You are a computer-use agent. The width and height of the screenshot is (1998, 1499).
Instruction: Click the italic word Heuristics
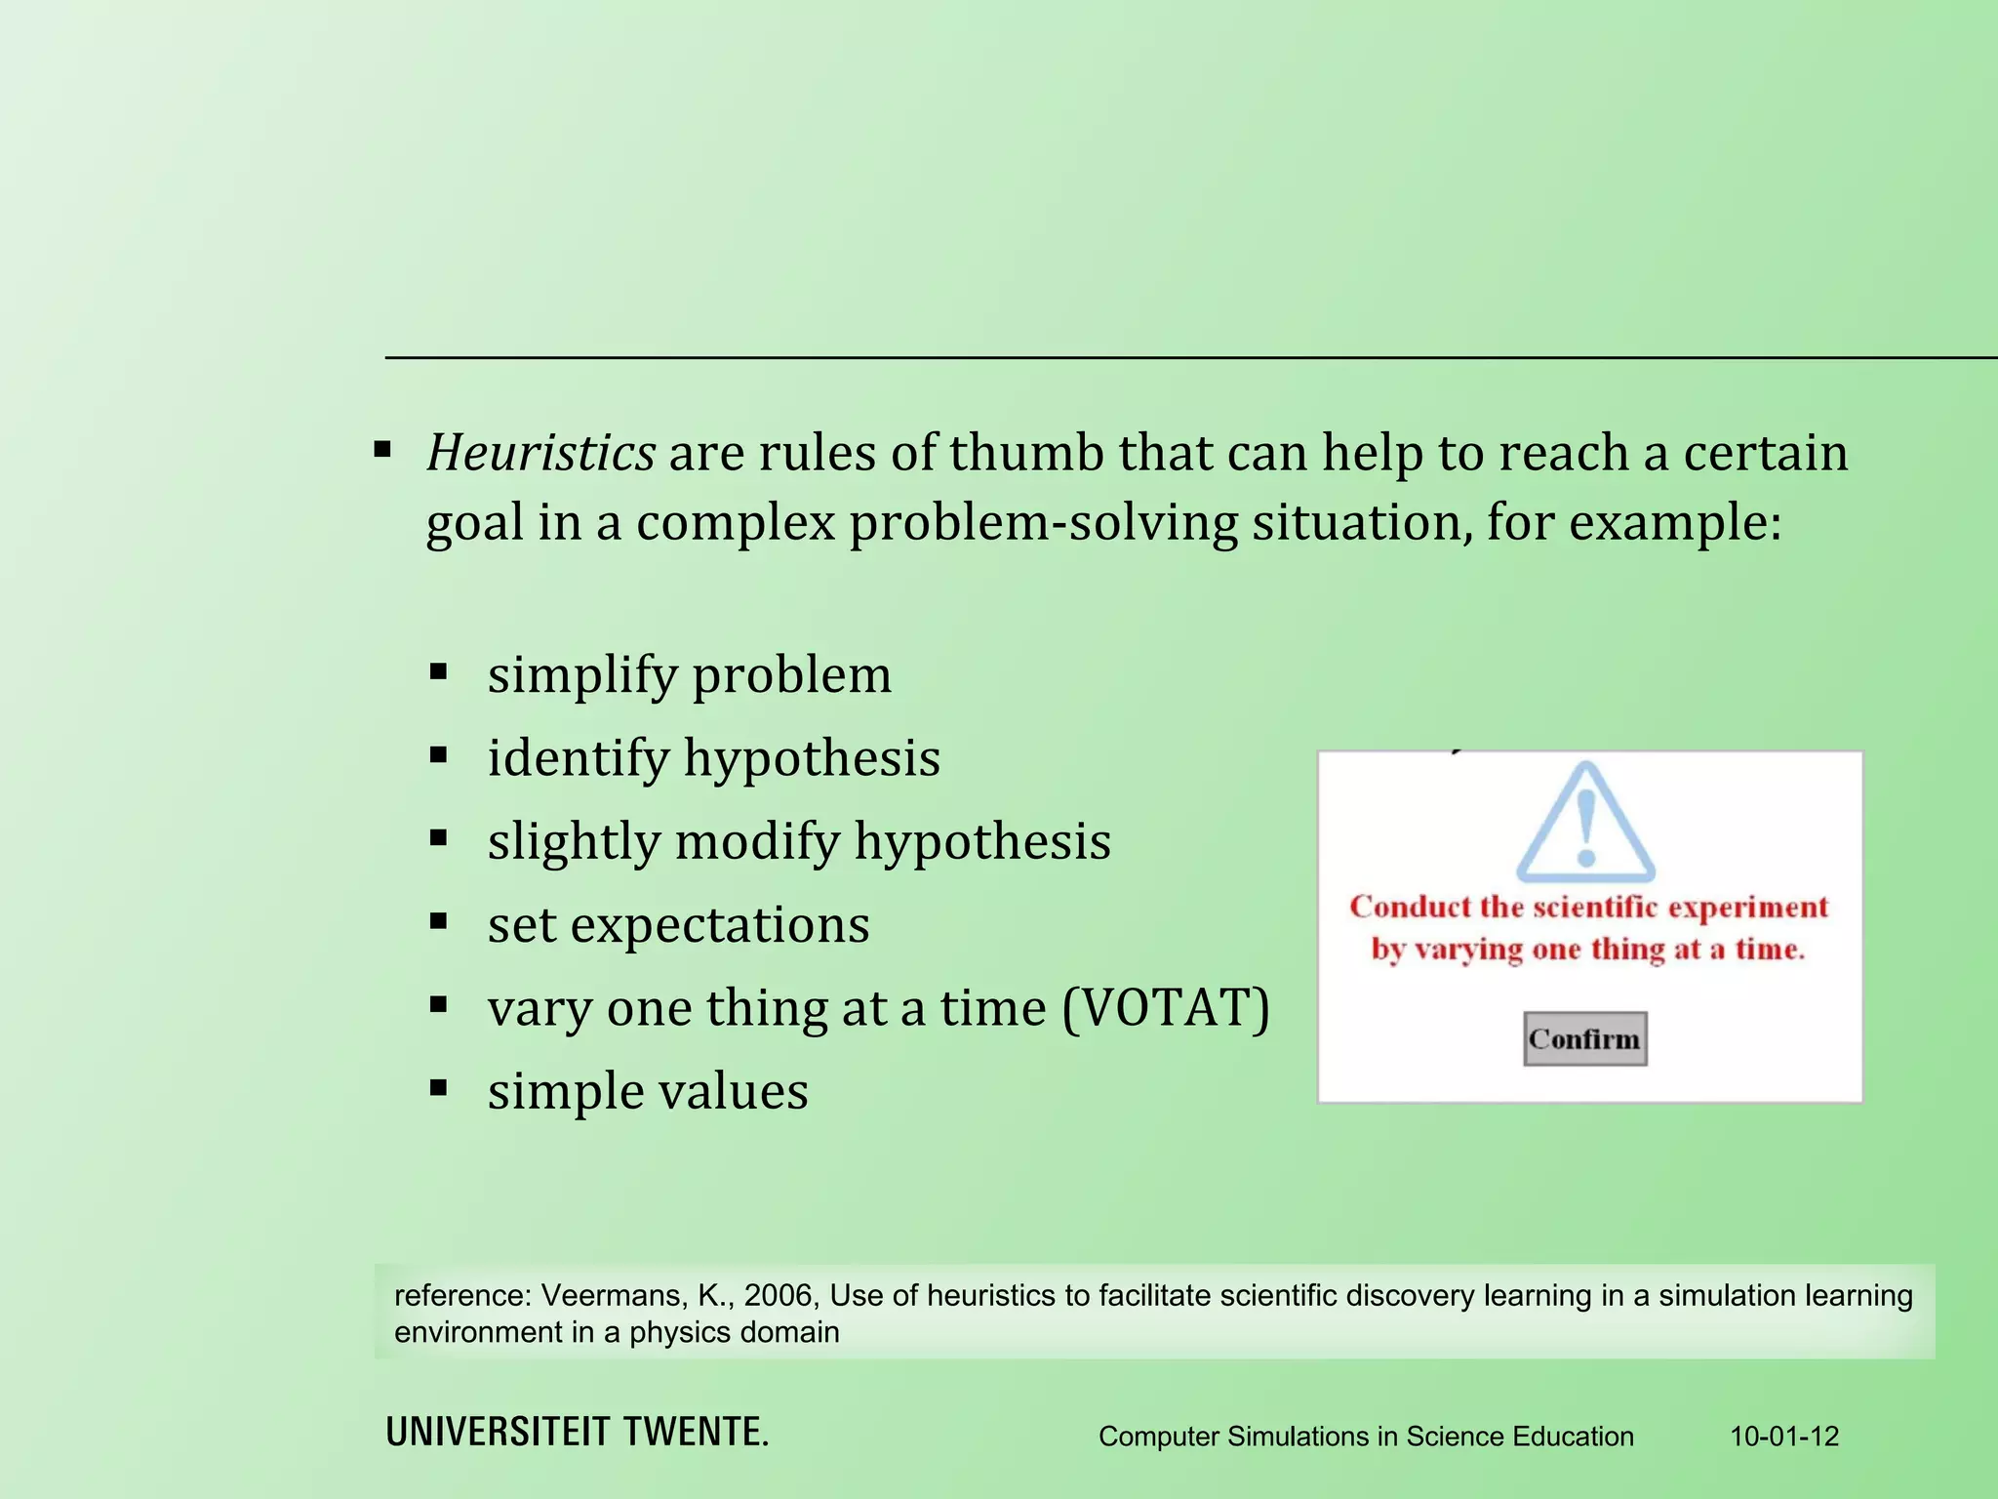click(x=540, y=453)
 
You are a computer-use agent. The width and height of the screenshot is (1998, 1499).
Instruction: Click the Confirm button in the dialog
click(x=1584, y=1038)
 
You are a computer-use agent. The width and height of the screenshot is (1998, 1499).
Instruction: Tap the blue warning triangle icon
click(x=1585, y=823)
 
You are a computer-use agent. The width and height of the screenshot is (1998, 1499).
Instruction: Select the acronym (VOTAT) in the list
click(x=1166, y=1007)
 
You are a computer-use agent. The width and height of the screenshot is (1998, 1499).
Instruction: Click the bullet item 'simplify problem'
click(x=689, y=675)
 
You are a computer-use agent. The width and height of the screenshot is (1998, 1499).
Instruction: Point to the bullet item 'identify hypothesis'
click(x=713, y=758)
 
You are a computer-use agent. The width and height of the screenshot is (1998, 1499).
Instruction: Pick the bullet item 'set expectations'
click(x=678, y=924)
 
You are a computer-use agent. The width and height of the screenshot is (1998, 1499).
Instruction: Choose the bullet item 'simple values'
click(x=648, y=1091)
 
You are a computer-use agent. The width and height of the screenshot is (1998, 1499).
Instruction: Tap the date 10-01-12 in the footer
click(x=1784, y=1437)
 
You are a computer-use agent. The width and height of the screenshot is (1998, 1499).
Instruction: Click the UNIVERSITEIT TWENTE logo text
click(x=577, y=1432)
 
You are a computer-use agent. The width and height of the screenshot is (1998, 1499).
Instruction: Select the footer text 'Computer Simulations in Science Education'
click(x=1366, y=1437)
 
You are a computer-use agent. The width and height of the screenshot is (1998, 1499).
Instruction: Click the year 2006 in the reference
click(x=778, y=1296)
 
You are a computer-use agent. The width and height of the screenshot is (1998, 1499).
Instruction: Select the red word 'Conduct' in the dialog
click(x=1409, y=907)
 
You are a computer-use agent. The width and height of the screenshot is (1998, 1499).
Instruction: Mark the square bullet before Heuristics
click(x=382, y=450)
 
